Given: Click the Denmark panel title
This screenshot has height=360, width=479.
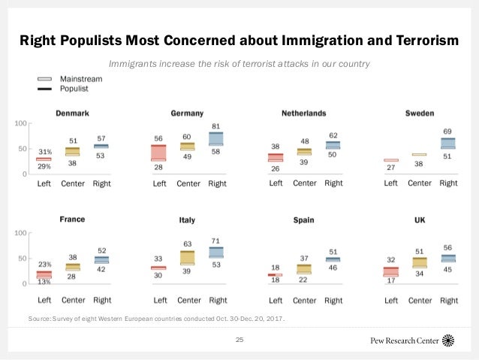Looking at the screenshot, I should (73, 113).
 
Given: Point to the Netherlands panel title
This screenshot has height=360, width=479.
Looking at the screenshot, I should (303, 113).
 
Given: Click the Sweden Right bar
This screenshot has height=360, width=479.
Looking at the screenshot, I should (447, 143).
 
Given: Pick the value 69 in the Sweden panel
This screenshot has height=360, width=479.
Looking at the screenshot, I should (448, 132).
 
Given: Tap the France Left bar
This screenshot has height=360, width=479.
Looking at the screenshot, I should (44, 275).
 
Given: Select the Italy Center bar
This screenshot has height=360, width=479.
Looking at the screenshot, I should (188, 258).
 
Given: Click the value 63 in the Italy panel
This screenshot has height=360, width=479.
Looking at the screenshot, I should (188, 244).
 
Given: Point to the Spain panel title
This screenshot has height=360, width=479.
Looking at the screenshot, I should (303, 221).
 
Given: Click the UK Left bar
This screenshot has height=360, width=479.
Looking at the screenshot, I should (390, 271).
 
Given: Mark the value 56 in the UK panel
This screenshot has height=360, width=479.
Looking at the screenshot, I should (448, 247).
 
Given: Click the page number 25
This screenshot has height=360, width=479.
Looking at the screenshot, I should (240, 340).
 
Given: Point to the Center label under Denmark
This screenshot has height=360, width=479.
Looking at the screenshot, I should (73, 183).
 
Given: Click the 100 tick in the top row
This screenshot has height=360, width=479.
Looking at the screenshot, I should (21, 123).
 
